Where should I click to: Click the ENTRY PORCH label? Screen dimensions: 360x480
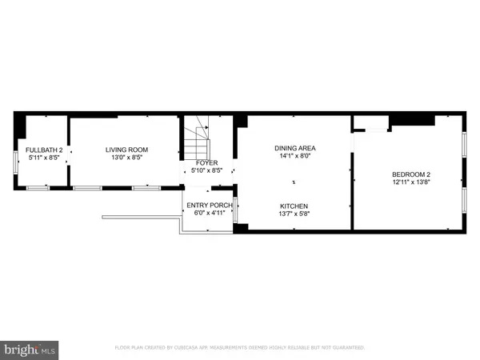point(209,206)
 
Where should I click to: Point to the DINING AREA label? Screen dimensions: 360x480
point(295,148)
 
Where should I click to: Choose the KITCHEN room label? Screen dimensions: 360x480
point(295,205)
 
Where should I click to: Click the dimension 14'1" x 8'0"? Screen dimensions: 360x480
point(295,157)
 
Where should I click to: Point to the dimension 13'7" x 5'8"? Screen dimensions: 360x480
point(295,214)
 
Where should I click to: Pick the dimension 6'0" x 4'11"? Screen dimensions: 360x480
point(209,214)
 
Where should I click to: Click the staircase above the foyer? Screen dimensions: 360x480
point(197,142)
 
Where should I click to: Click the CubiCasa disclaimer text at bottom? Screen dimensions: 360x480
point(239,348)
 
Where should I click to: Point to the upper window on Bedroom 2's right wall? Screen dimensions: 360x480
point(465,144)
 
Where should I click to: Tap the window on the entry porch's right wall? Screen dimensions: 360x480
point(235,207)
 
